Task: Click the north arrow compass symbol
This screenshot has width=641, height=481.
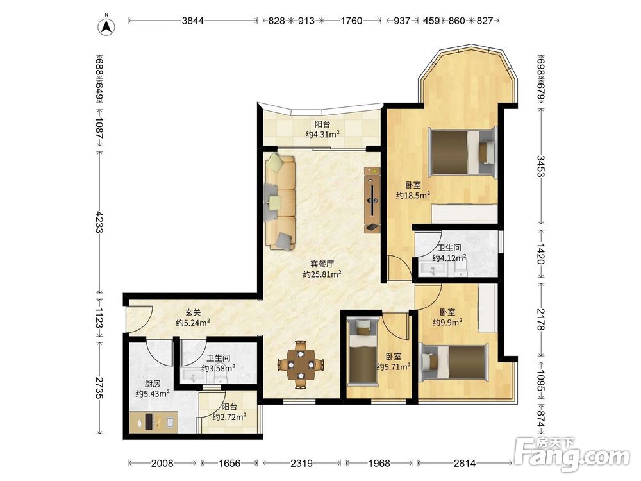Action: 106,26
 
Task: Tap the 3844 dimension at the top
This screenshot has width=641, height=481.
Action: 192,21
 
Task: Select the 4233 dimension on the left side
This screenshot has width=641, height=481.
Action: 99,222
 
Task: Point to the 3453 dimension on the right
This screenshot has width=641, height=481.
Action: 540,165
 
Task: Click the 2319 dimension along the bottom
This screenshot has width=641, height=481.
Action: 301,463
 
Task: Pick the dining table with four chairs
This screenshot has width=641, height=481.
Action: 301,364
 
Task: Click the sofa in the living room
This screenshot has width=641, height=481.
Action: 281,201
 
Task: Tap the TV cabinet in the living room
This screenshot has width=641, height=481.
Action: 372,200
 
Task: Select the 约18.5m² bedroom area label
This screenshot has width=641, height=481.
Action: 413,196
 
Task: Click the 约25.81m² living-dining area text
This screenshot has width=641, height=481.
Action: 322,274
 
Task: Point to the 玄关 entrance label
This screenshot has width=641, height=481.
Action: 193,312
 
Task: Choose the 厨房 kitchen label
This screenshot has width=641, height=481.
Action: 153,384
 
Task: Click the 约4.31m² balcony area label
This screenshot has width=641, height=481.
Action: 322,134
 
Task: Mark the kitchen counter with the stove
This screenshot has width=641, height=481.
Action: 153,423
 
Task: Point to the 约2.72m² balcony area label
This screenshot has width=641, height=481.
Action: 229,418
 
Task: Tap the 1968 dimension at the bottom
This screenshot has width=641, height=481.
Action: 379,463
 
